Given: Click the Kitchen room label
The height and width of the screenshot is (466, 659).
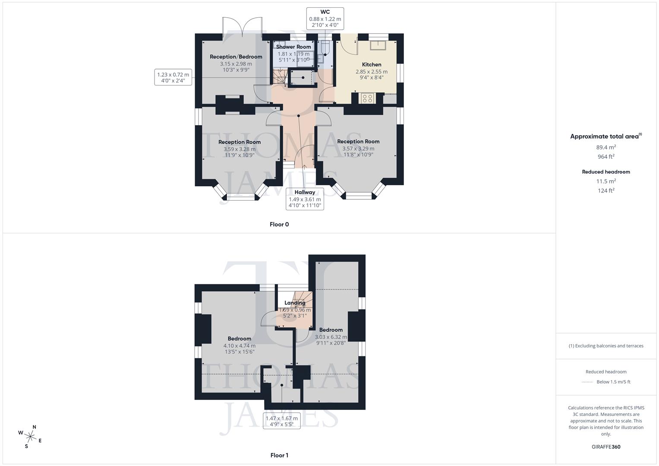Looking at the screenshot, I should pos(371,65).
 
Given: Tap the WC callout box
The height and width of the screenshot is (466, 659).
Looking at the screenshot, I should pos(325,19).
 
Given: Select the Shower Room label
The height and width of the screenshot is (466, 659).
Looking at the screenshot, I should pos(293,47).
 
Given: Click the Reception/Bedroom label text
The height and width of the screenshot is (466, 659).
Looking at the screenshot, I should pos(236,57).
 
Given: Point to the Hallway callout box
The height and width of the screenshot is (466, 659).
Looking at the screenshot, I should pos(305,199).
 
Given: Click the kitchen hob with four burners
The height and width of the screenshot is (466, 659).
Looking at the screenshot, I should pos(368,98).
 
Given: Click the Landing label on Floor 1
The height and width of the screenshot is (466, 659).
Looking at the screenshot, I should pos(295,303).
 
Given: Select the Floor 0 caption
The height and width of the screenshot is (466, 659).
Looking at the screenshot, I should pos(279,224).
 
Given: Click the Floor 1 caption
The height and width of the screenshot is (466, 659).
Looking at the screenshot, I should pos(279,455).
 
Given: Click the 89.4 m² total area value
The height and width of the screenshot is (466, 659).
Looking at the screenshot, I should pos(606,147).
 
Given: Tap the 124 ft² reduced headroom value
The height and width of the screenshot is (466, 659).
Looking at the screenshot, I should pos(606,190).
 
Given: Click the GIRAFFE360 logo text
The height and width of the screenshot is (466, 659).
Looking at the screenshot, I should pos(606,447).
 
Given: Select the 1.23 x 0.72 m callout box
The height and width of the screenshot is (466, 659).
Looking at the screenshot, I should pos(173,78).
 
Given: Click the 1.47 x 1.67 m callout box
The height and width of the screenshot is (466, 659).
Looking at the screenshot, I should pos(281,421).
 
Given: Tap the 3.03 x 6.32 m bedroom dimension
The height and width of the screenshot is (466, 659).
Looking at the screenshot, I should pos(331,337).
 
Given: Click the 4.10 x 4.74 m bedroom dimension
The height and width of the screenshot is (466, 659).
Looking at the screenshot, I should pos(240,346).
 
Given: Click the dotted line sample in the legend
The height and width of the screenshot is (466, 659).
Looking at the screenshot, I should pos(587,382).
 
